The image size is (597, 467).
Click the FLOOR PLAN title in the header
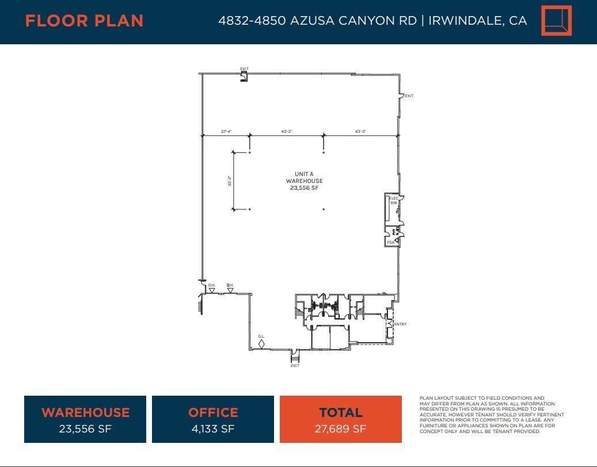[x=84, y=21]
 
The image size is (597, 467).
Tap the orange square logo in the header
[x=556, y=21]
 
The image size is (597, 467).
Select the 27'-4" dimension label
[x=227, y=132]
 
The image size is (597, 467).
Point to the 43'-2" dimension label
[x=287, y=132]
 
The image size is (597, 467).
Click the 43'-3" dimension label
[x=360, y=132]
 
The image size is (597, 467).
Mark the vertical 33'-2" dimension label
[x=230, y=181]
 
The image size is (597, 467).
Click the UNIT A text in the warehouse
[x=304, y=174]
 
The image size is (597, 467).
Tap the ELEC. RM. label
[x=394, y=201]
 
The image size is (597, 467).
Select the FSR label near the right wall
[x=390, y=243]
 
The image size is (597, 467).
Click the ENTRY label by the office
[x=400, y=324]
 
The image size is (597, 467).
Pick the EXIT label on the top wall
[x=244, y=69]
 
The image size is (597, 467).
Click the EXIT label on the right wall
[x=409, y=96]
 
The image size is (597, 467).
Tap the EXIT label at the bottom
[x=295, y=366]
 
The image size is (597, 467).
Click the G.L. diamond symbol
[x=261, y=344]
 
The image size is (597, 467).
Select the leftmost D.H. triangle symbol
[x=212, y=290]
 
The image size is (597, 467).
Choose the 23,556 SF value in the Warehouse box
[x=85, y=428]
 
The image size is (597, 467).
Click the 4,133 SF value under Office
[x=213, y=428]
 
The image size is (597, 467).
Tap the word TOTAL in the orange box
[x=341, y=412]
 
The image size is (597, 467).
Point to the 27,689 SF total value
[x=341, y=428]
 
